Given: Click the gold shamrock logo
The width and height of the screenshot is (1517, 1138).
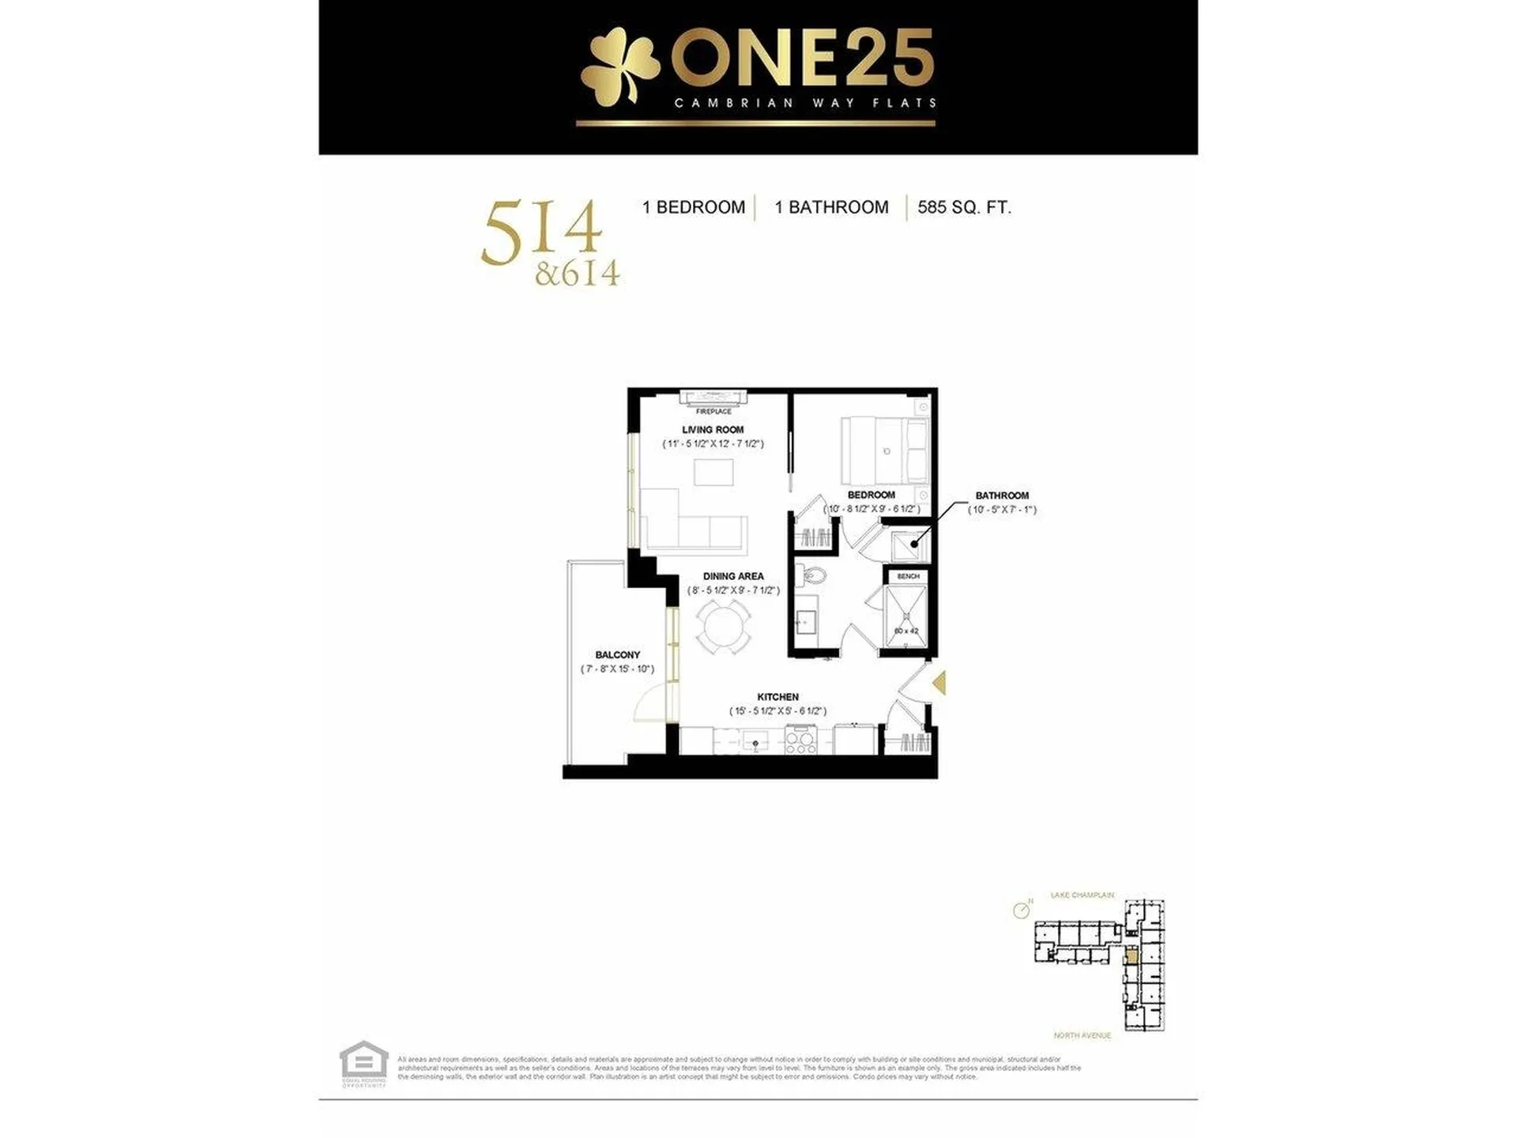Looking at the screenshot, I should pos(619,71).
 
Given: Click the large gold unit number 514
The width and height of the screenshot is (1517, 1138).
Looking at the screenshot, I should pos(541,232).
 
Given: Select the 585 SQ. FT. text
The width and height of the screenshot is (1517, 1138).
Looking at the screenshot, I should pos(964,208).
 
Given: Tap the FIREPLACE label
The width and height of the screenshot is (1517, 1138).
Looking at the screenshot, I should pos(713,412).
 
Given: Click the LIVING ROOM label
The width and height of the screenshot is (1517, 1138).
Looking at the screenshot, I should pos(713,430).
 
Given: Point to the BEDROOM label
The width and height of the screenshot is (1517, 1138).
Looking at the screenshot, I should pos(871,496).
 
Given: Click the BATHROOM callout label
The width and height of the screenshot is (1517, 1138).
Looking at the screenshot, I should pos(1002,496).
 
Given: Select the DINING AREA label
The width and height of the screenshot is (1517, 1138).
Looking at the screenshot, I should pos(732,577).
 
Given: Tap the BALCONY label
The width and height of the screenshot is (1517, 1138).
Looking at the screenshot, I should pos(617,655).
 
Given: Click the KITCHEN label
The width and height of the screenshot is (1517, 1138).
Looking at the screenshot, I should pos(777,697).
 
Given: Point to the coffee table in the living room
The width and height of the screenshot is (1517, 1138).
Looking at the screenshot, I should pos(713,473).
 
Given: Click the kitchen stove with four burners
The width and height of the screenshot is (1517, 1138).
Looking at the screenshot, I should pos(800,741).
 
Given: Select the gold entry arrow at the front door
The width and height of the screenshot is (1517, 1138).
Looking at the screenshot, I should pos(939,683).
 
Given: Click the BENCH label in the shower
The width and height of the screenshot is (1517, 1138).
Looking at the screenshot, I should pos(908,577).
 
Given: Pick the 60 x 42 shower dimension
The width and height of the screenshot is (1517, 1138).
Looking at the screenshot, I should pos(906,631).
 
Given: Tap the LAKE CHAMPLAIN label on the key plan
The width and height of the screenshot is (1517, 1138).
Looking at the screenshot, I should pos(1082,895).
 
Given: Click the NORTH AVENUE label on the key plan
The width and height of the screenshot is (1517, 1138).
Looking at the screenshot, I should pos(1082,1035).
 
